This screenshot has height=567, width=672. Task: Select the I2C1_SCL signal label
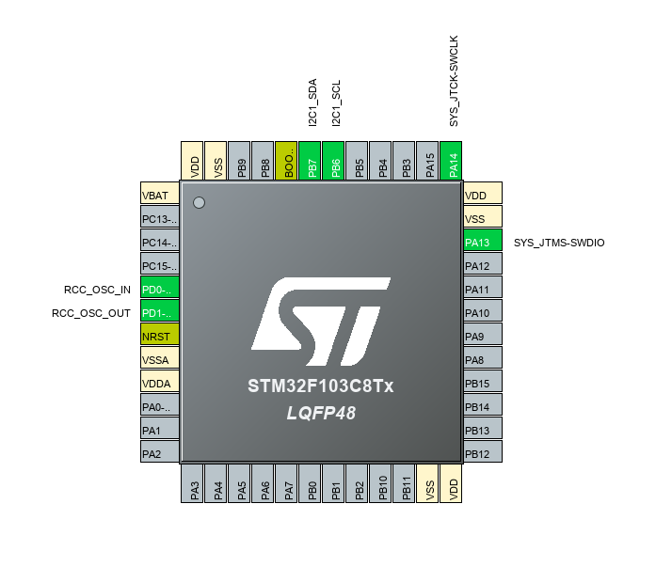click(x=336, y=102)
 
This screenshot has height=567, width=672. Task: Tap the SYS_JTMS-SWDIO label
click(x=559, y=243)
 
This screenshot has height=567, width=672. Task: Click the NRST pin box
click(x=159, y=336)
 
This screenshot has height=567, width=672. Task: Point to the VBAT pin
click(x=159, y=196)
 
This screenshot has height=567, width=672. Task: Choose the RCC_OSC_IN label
click(x=97, y=290)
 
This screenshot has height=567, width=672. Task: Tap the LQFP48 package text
click(x=321, y=413)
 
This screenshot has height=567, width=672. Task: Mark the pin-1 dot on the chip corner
click(x=199, y=202)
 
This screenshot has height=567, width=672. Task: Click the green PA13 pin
click(x=483, y=243)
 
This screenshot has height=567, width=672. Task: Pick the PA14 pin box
click(x=454, y=160)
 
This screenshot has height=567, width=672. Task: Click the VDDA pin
click(x=159, y=383)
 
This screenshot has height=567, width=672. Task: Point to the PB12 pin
click(x=483, y=453)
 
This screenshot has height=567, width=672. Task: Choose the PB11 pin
click(x=407, y=483)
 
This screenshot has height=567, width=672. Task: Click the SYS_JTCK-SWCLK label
click(x=454, y=81)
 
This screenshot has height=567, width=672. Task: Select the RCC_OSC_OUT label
click(x=91, y=313)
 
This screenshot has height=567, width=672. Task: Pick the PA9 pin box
click(x=483, y=336)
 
